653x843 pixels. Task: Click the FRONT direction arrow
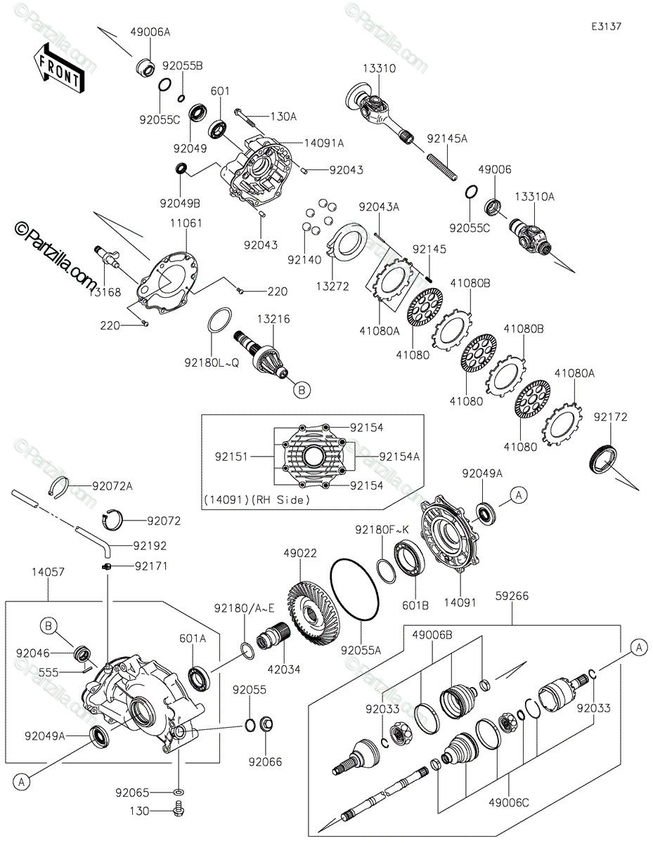coord(58,68)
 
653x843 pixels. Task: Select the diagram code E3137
coord(606,27)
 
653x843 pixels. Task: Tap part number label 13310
coord(379,68)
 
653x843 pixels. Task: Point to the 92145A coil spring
coord(442,167)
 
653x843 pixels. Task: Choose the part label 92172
coord(610,417)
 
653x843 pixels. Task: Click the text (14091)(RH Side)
coord(257,500)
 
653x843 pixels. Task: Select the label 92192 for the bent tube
coord(150,546)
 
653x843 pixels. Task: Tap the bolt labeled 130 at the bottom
coord(179,812)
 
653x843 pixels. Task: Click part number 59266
coord(512,596)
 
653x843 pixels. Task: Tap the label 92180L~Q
coord(212,362)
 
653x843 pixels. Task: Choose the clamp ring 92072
coord(112,518)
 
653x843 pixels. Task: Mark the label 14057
coord(48,572)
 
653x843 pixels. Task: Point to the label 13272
coord(332,287)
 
